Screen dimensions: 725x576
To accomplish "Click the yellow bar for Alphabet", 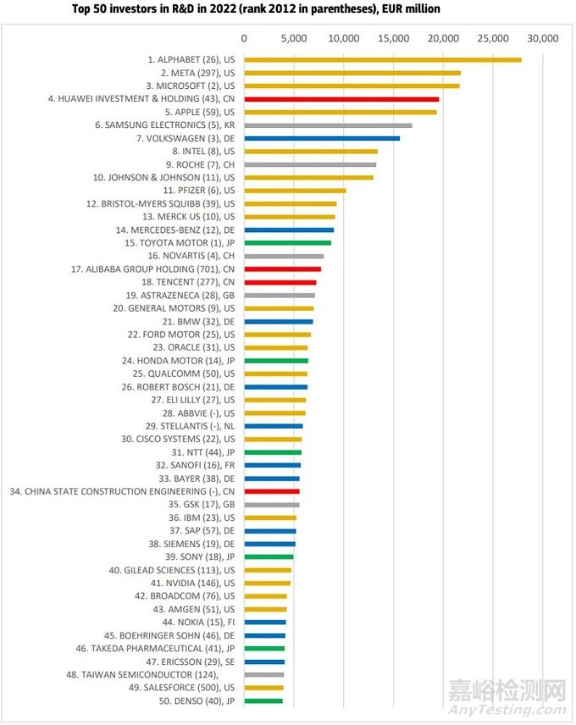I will (382, 59).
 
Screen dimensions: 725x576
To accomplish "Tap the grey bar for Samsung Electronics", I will (328, 125).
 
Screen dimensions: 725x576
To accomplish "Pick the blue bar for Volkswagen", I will (322, 138).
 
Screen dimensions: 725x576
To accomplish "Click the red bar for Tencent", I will (280, 282).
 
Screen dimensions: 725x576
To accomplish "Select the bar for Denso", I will (263, 700).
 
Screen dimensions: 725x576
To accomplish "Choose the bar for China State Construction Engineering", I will (272, 491).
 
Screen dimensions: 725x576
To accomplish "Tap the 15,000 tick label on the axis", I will (393, 38).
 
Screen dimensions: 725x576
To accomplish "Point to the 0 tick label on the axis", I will (244, 38).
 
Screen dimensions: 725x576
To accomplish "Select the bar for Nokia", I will (265, 623).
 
